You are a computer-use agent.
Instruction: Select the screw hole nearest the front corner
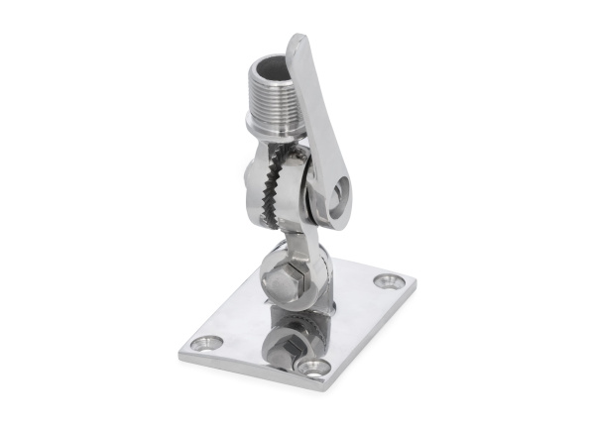click(314, 369)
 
